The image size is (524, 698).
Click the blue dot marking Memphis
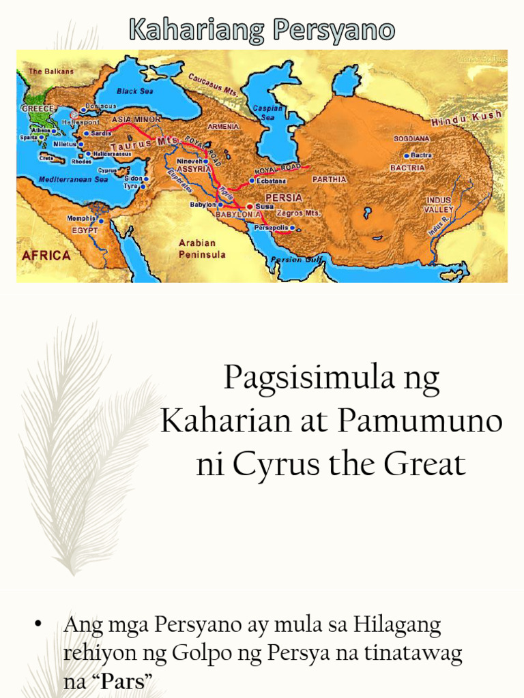pyautogui.click(x=101, y=221)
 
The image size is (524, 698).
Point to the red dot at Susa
pyautogui.click(x=250, y=206)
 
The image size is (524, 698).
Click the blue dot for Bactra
pyautogui.click(x=407, y=155)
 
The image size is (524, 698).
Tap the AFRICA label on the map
pyautogui.click(x=46, y=256)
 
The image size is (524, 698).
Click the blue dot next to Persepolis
pyautogui.click(x=292, y=228)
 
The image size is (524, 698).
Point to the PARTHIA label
pyautogui.click(x=330, y=179)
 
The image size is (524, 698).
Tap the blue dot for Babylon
pyautogui.click(x=220, y=204)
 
